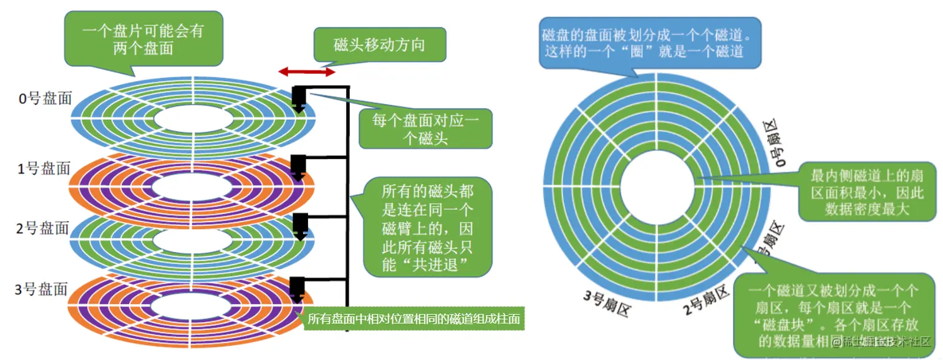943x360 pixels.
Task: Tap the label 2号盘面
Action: click(x=44, y=228)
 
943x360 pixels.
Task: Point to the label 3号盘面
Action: click(x=41, y=289)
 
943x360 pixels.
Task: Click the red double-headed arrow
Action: click(x=306, y=73)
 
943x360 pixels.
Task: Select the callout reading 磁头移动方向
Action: click(x=379, y=45)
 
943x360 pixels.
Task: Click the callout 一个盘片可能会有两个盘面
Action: click(x=143, y=39)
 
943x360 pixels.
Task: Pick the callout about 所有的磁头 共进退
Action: click(x=427, y=228)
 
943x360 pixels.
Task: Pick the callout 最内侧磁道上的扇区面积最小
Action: click(x=867, y=190)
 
